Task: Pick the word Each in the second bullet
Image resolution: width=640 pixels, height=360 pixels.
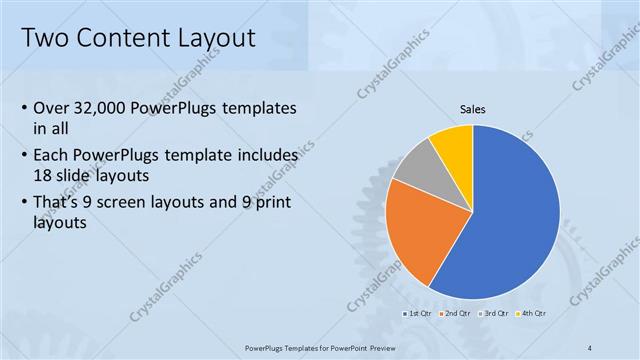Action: click(52, 156)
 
